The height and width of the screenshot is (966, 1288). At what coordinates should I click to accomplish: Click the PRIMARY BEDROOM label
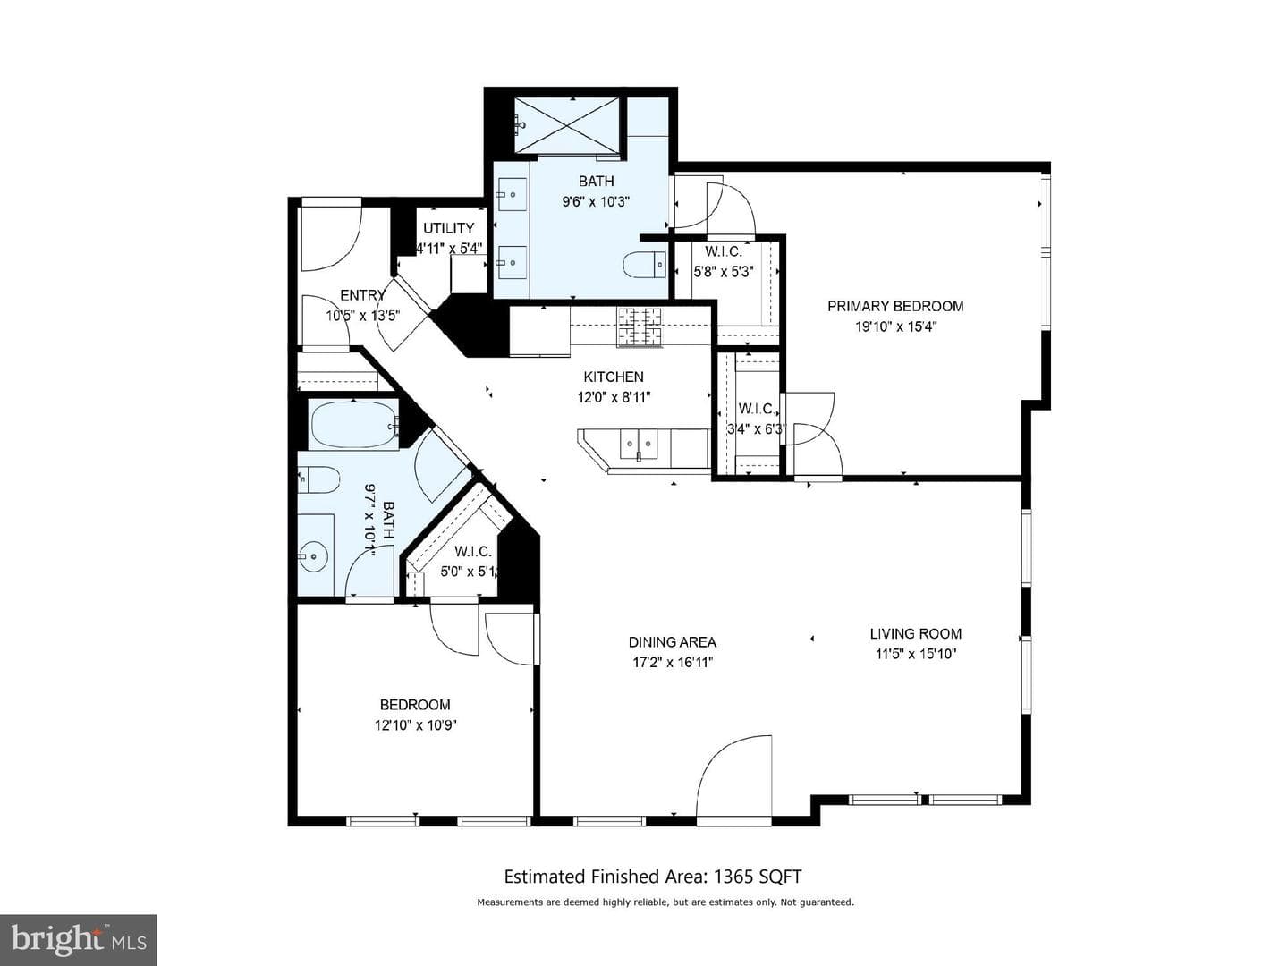coord(895,306)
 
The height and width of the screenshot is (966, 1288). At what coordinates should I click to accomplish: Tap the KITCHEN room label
coord(614,377)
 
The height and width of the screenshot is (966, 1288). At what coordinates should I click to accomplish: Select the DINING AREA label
coord(673,642)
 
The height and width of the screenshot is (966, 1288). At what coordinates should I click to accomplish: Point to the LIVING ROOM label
coord(915,633)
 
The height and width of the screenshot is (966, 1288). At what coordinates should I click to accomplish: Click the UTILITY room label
coord(449,227)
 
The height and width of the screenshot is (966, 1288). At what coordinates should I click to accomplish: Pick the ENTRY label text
coord(362,295)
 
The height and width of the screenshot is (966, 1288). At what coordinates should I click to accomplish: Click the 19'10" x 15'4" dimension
coord(895,326)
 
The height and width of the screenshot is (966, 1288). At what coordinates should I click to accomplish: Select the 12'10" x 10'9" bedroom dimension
coord(415,725)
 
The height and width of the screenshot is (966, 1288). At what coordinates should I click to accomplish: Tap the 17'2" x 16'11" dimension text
coord(673,663)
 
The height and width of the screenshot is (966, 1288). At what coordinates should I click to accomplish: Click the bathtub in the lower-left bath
coord(355,425)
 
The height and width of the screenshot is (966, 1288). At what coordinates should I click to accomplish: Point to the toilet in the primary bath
coord(644,265)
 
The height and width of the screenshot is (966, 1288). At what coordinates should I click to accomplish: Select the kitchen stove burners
coord(639,327)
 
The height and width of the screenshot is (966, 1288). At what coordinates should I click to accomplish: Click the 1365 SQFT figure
coord(758,877)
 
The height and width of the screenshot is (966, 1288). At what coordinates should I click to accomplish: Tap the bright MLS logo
coord(78,939)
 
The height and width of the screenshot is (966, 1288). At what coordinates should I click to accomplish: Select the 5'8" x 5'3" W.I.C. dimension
coord(724,272)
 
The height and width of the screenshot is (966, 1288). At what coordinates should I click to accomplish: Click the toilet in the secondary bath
coord(318,479)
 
